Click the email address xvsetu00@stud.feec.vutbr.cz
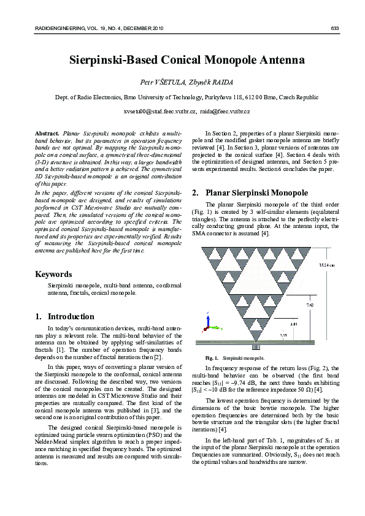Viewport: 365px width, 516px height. (x=159, y=112)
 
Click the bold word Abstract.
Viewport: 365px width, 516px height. (x=47, y=133)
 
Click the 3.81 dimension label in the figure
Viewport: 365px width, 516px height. (x=294, y=323)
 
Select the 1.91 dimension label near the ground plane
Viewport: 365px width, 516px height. (x=283, y=335)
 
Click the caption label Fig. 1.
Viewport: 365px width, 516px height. (x=212, y=357)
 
